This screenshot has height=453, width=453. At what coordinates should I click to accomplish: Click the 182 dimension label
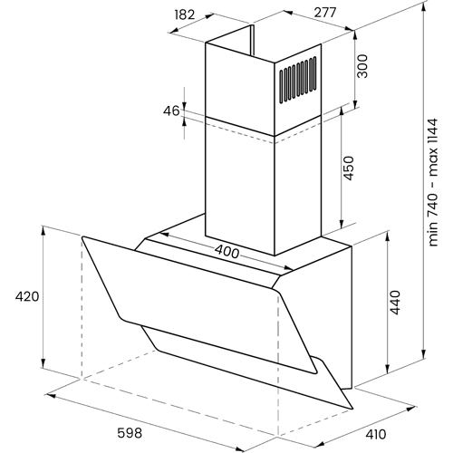click(185, 14)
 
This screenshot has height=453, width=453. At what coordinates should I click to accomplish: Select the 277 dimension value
click(325, 13)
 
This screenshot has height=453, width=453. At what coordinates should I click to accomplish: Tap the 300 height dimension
click(362, 66)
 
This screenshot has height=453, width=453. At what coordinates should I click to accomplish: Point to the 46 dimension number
click(171, 111)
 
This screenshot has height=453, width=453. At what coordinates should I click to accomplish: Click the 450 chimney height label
click(349, 169)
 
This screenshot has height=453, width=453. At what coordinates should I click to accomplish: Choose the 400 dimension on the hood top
click(226, 252)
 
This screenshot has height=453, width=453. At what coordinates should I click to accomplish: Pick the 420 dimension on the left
click(27, 296)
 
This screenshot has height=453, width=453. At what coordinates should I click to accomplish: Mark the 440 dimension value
click(395, 303)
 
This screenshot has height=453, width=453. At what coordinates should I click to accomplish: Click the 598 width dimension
click(130, 434)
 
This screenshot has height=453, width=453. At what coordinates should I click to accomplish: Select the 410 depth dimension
click(376, 435)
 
